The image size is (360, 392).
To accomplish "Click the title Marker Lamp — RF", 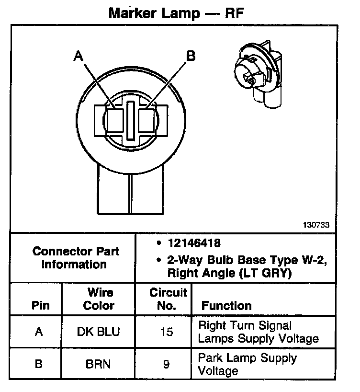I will click(x=177, y=12).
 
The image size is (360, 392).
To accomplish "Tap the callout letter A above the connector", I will click(x=79, y=57).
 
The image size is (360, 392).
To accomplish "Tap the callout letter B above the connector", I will click(x=191, y=57).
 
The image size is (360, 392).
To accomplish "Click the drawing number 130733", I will click(x=316, y=224).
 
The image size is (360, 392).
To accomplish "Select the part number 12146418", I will click(x=194, y=243).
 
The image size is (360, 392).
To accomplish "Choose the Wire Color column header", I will click(x=99, y=299).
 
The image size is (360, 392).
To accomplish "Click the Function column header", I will click(x=226, y=306).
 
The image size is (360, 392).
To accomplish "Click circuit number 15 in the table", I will click(x=166, y=332).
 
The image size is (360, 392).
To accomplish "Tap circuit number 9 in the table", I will click(x=166, y=364).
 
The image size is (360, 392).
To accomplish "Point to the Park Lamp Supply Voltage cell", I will click(x=247, y=364).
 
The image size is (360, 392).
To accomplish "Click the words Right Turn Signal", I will click(x=245, y=326).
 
